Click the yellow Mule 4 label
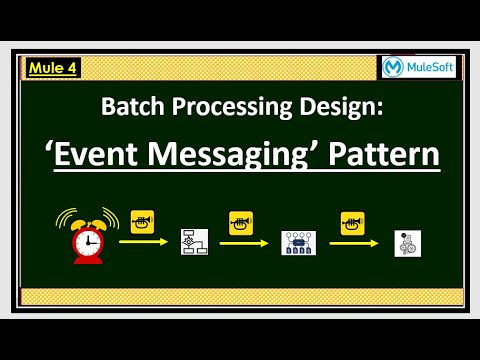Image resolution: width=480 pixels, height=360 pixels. pyautogui.click(x=52, y=68)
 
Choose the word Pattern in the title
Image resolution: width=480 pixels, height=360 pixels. pyautogui.click(x=381, y=155)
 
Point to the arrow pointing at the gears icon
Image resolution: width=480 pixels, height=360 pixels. pyautogui.click(x=354, y=242)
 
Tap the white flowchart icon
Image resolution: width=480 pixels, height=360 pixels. pyautogui.click(x=193, y=242)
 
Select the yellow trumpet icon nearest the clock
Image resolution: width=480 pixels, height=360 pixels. pyautogui.click(x=141, y=219)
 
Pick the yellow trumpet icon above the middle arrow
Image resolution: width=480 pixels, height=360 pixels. pyautogui.click(x=240, y=219)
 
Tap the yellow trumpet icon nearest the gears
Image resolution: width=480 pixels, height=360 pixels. pyautogui.click(x=351, y=219)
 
